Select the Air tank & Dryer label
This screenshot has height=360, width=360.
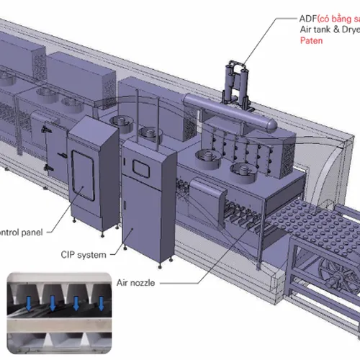pyautogui.click(x=328, y=30)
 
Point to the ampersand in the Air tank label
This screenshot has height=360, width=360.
pyautogui.click(x=325, y=30)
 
